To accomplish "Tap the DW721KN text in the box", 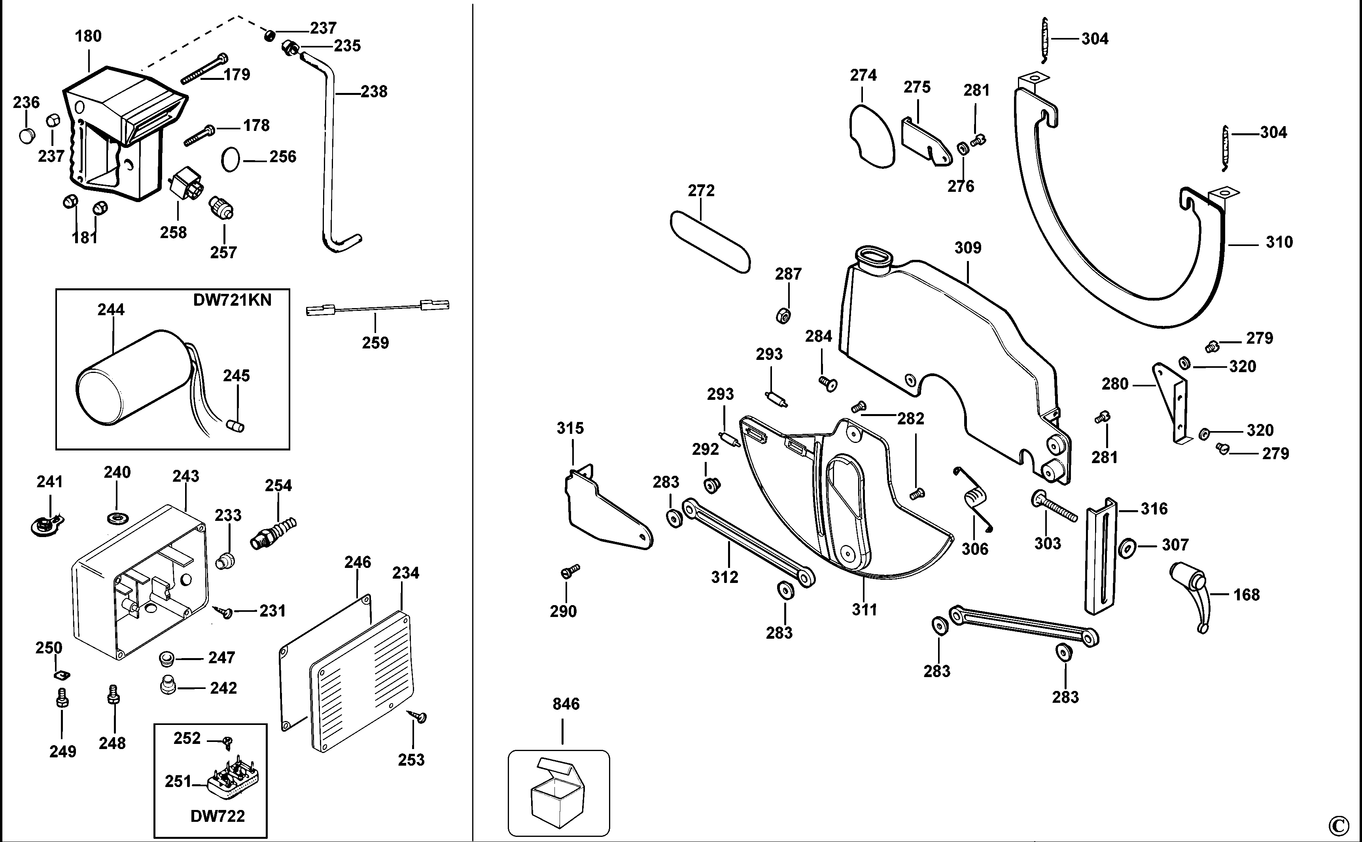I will click(232, 300).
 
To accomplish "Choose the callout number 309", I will click(968, 248).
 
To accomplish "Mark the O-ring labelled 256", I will click(230, 159).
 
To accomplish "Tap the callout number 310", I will click(1279, 242).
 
